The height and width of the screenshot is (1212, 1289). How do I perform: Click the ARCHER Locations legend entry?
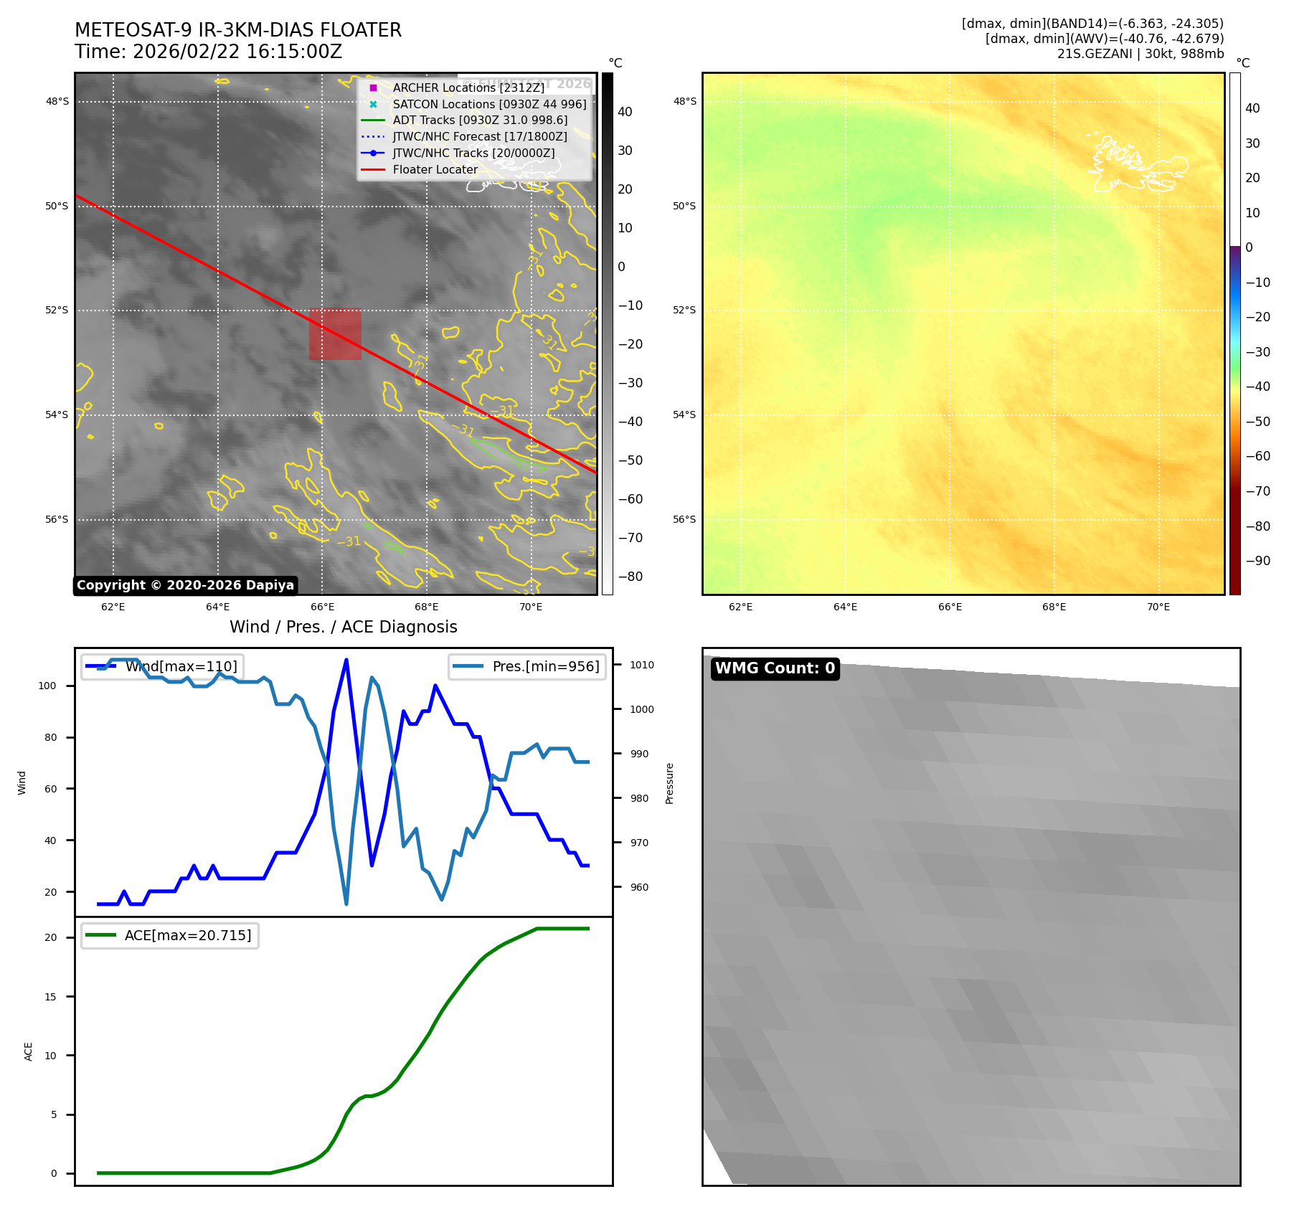click(x=468, y=87)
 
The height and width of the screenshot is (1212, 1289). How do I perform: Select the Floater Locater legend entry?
click(x=435, y=169)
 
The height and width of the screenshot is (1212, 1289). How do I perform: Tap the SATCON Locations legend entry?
click(x=488, y=104)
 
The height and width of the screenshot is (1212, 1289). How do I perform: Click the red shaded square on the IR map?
click(x=335, y=334)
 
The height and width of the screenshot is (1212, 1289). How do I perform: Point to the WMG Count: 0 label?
click(x=775, y=668)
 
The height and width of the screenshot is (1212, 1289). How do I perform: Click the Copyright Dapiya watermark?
click(x=185, y=585)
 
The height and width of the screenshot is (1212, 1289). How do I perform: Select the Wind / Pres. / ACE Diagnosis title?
click(x=343, y=627)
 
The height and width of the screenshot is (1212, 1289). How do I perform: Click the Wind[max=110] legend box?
click(x=161, y=666)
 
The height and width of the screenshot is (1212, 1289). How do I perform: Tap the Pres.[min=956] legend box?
click(x=527, y=666)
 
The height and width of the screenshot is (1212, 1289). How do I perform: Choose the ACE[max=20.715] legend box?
click(x=170, y=935)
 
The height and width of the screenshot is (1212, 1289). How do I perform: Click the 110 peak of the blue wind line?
click(x=346, y=660)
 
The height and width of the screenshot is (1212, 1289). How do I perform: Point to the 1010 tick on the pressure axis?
click(x=641, y=665)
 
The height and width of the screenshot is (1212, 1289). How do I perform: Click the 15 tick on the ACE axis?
click(x=51, y=997)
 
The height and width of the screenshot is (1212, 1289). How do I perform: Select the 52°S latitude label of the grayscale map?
click(x=57, y=311)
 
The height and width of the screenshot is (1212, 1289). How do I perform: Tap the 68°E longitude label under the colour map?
click(x=1054, y=607)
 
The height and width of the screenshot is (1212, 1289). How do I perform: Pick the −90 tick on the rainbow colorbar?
click(x=1257, y=561)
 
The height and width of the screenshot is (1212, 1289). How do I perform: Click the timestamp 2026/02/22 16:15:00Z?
click(x=237, y=52)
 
